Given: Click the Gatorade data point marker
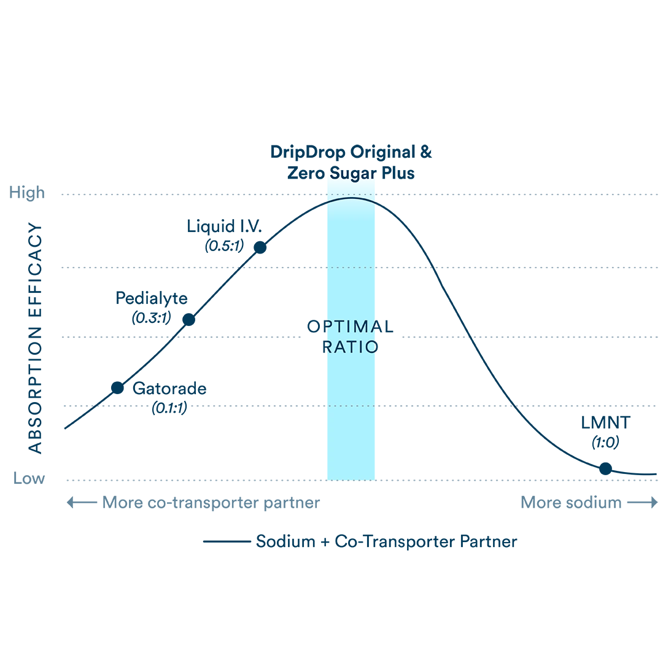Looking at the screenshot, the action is [117, 388].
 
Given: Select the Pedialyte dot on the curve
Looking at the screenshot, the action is [189, 320].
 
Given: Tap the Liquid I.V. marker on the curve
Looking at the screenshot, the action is [260, 247].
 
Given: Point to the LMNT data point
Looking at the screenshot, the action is [605, 468].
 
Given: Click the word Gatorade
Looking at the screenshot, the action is [169, 389].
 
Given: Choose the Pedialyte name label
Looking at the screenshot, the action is [152, 298].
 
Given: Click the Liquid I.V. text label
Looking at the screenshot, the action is [224, 227].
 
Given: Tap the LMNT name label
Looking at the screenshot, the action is [605, 423].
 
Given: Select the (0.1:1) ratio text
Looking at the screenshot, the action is [169, 408].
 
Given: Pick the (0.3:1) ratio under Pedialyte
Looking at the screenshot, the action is [152, 317].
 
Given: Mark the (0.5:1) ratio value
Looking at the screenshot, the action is [225, 246].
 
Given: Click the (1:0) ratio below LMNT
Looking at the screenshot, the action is [605, 442].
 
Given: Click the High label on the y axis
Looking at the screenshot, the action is [26, 193].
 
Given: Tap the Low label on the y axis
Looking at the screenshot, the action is [29, 478].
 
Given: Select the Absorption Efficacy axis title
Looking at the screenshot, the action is [35, 338].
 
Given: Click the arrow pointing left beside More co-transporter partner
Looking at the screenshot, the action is [82, 502].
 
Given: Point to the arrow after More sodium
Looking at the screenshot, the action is [643, 502].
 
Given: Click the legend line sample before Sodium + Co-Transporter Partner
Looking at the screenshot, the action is [227, 541].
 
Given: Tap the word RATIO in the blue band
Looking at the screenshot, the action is [350, 347].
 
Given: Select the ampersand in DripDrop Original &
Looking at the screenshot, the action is [426, 152].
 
